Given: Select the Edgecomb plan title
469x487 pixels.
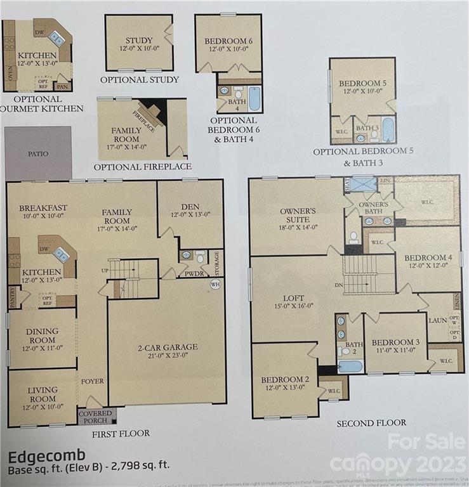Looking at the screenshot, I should click(x=39, y=457).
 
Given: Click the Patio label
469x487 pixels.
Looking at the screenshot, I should click(x=38, y=153).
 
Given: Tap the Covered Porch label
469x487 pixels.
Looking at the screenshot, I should click(x=95, y=417).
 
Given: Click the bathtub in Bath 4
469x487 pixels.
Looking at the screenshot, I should click(x=254, y=98).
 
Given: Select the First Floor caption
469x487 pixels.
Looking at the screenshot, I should click(x=121, y=433).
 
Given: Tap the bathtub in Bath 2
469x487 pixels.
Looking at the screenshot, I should click(x=350, y=366).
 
